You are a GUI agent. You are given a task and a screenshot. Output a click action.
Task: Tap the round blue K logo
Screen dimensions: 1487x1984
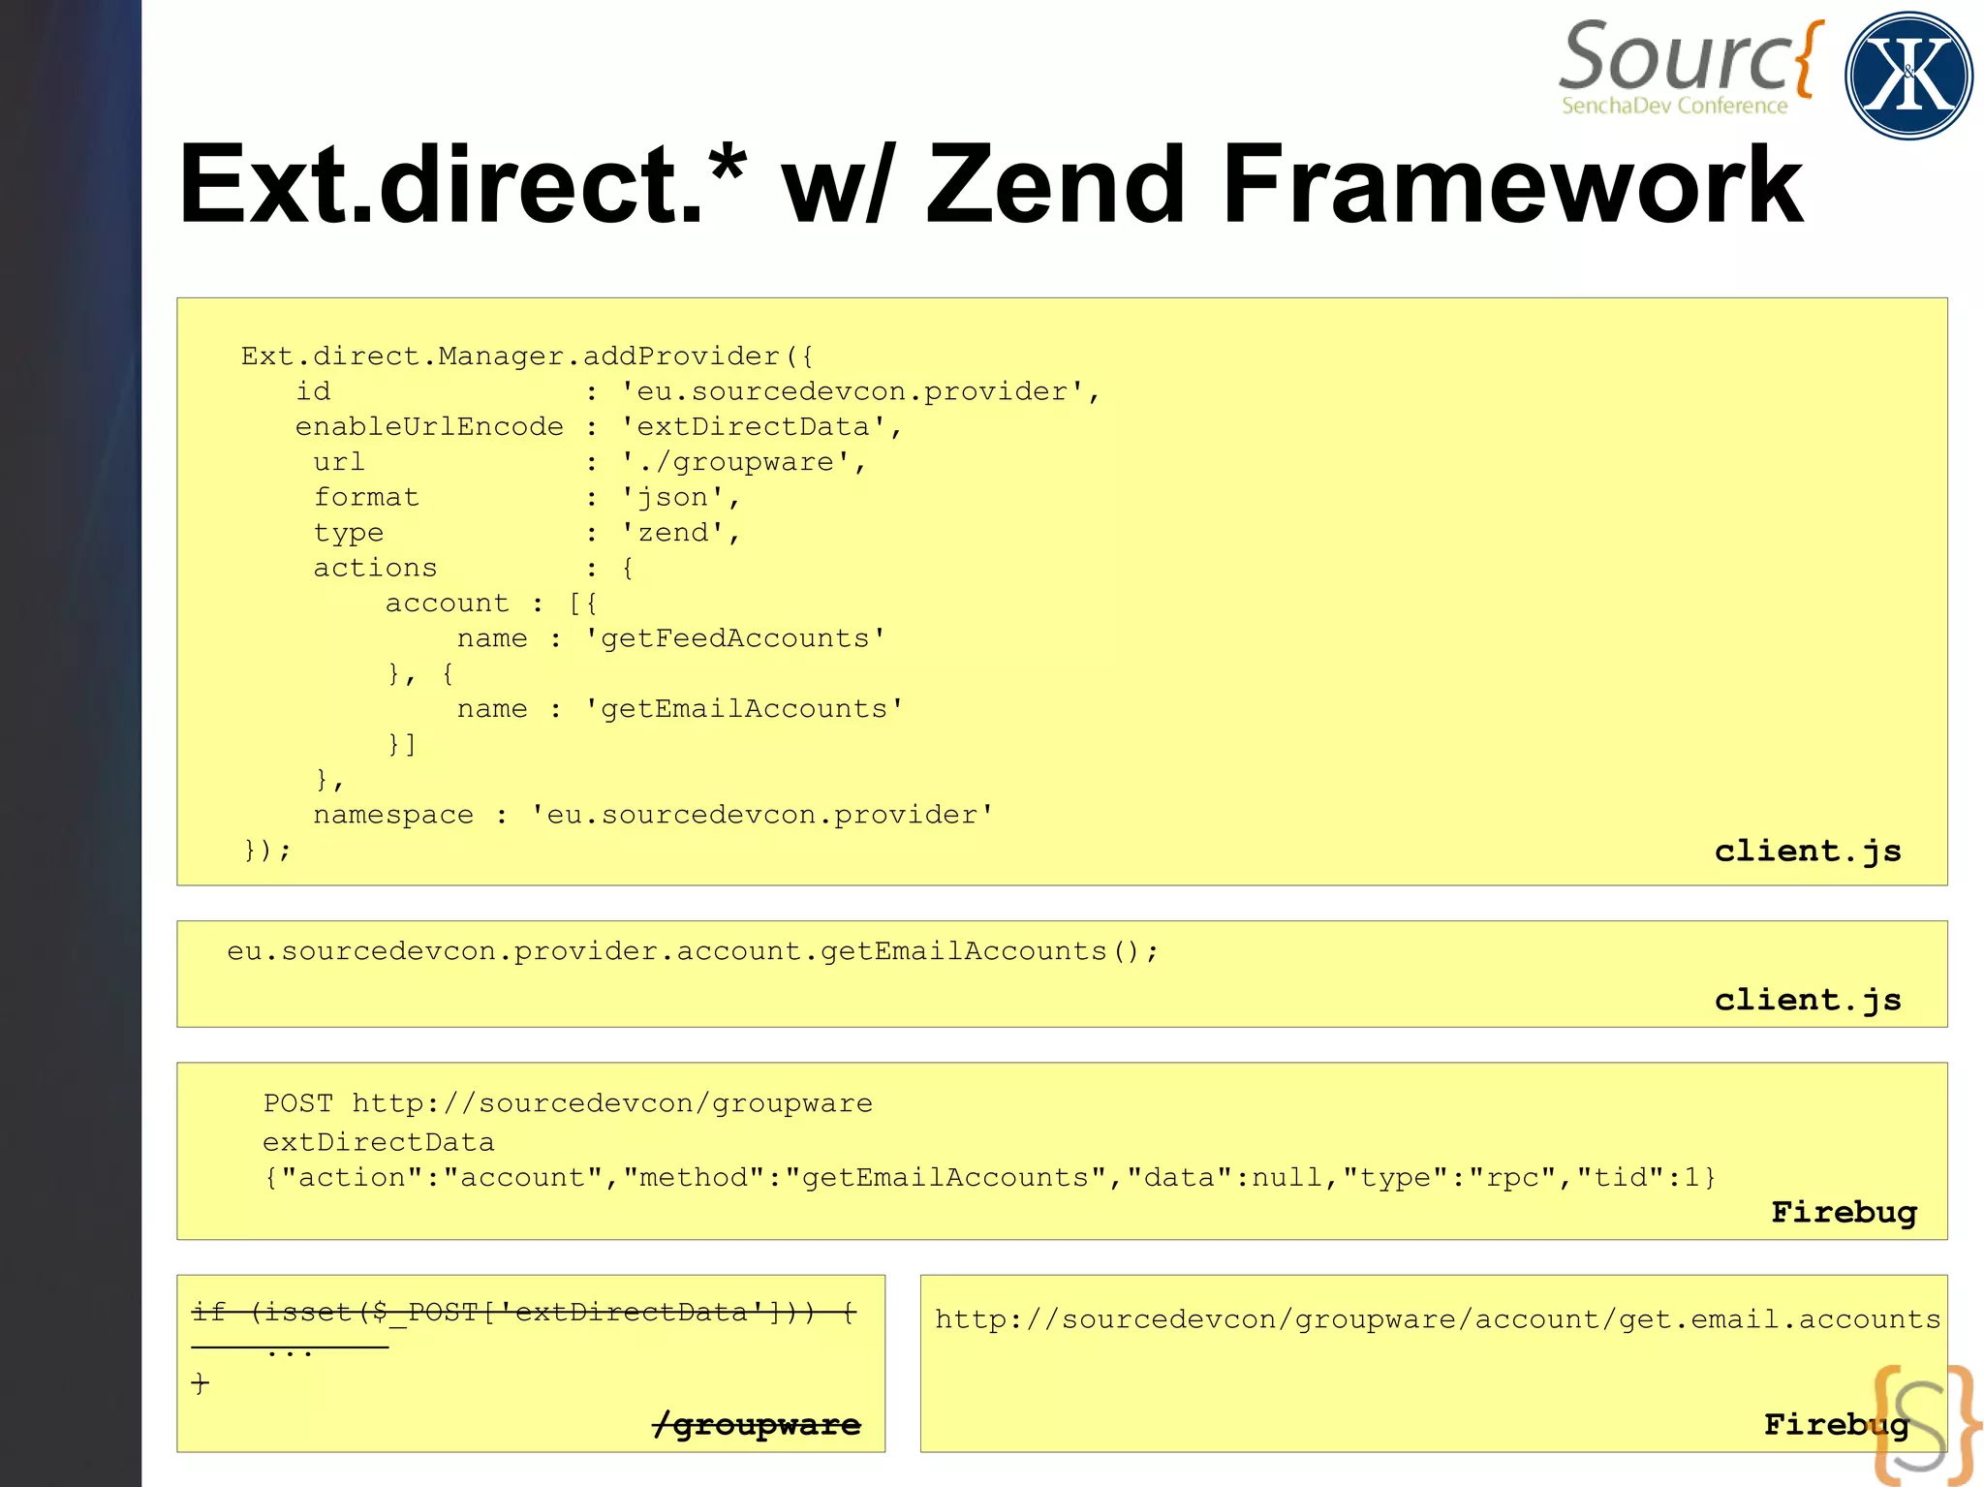(1908, 76)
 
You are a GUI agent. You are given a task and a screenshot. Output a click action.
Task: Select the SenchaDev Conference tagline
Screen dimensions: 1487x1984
(1674, 106)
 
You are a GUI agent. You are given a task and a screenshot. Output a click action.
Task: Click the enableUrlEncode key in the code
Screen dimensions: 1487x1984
(429, 427)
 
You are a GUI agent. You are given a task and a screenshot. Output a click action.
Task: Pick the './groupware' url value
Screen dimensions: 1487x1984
(744, 462)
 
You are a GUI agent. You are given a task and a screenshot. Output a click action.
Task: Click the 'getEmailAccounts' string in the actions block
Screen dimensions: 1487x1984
(744, 709)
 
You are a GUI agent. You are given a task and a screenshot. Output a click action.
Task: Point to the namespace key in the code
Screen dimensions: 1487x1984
(393, 815)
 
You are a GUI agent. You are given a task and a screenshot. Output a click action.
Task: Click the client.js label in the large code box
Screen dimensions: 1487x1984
(1808, 851)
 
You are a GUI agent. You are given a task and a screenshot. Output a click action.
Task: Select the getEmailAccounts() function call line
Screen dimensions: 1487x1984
(693, 951)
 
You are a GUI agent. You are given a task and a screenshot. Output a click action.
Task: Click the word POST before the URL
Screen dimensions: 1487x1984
(297, 1103)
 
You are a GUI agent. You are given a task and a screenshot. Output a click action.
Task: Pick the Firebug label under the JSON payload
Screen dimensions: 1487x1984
(1844, 1212)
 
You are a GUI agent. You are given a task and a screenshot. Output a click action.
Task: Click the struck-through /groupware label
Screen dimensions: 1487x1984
(758, 1424)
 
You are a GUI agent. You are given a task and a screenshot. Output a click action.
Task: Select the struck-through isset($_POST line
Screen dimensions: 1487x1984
(524, 1313)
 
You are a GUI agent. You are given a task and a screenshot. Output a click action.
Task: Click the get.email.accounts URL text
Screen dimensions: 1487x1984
(1438, 1319)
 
